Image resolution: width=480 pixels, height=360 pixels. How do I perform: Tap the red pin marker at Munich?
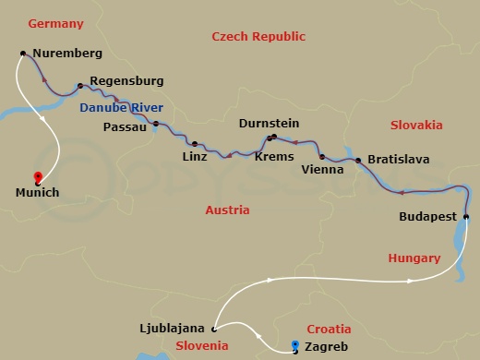tap(37, 177)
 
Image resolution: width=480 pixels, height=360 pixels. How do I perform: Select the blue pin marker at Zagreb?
tap(294, 345)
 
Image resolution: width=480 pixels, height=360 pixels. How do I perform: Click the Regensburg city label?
tap(126, 81)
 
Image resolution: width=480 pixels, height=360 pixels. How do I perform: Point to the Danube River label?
tap(120, 107)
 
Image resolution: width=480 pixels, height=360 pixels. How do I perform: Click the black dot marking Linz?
tap(195, 143)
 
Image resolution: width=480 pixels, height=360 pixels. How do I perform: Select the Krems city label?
tap(274, 157)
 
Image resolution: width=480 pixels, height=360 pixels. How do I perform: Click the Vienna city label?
tap(323, 170)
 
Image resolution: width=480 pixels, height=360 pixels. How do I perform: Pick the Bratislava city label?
tap(398, 160)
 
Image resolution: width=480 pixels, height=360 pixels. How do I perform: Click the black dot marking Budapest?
tap(466, 218)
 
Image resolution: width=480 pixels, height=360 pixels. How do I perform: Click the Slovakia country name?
tap(416, 125)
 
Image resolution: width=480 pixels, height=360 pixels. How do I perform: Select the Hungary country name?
tap(414, 259)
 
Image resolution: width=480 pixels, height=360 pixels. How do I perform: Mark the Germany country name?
tap(55, 23)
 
